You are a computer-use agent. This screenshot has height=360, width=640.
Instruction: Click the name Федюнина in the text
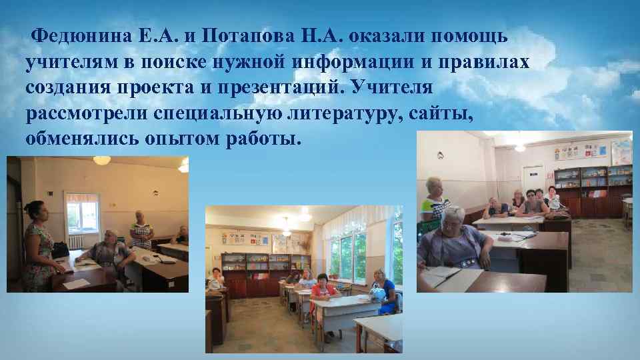[77, 35]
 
